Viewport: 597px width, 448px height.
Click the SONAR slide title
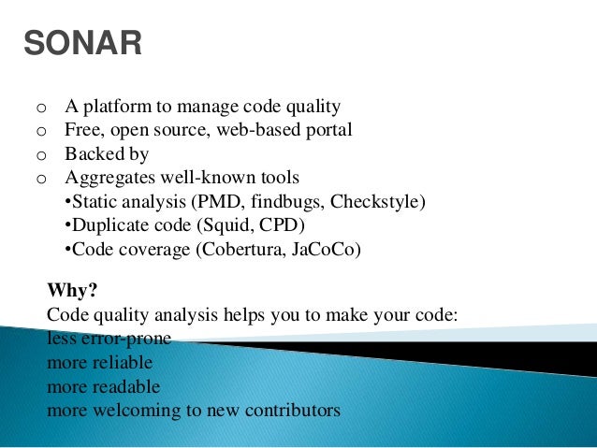point(82,43)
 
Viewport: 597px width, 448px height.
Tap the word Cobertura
point(229,250)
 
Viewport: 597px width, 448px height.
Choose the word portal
point(327,130)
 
